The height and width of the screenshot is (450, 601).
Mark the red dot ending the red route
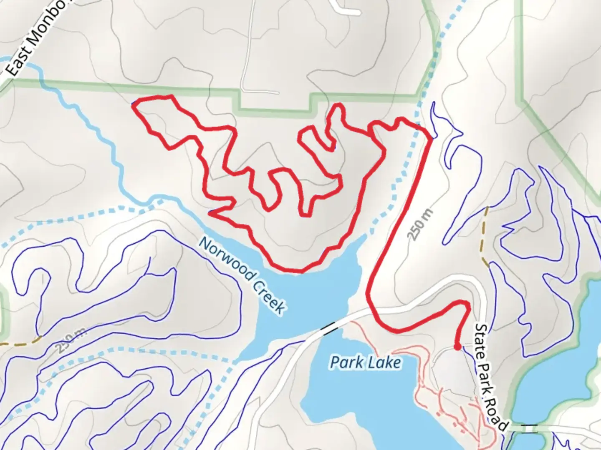tap(457, 347)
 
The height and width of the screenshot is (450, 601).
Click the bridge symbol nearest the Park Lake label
tap(329, 328)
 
